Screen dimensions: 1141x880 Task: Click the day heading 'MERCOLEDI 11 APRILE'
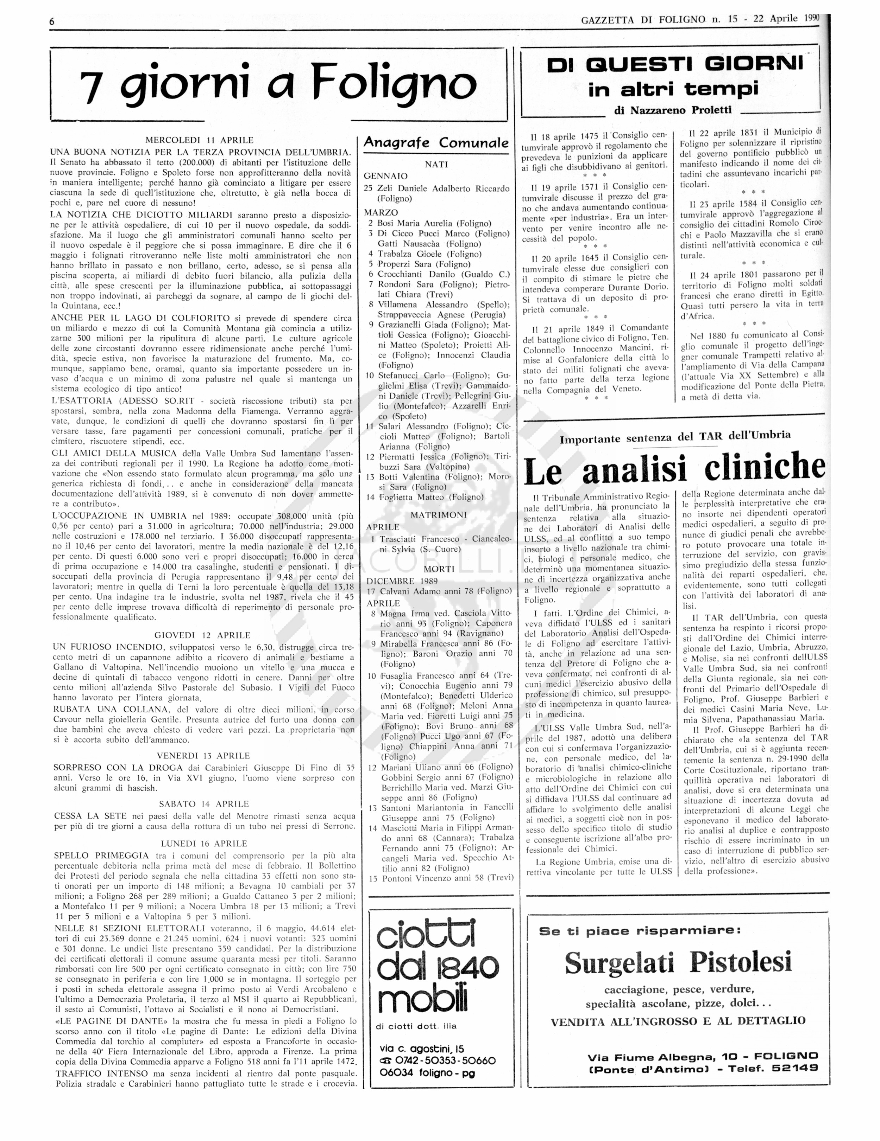[x=199, y=140]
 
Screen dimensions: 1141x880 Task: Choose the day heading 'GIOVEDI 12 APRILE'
[x=202, y=635]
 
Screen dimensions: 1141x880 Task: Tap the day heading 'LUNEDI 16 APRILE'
[x=204, y=843]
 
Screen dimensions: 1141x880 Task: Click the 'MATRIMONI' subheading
[x=438, y=515]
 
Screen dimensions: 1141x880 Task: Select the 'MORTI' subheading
[x=439, y=569]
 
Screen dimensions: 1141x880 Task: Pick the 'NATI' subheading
[x=436, y=164]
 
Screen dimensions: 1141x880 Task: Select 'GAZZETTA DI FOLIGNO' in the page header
[x=643, y=20]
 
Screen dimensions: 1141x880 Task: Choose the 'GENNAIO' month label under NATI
[x=385, y=176]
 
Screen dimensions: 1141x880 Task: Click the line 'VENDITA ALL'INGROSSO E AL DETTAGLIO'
[x=678, y=1021]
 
